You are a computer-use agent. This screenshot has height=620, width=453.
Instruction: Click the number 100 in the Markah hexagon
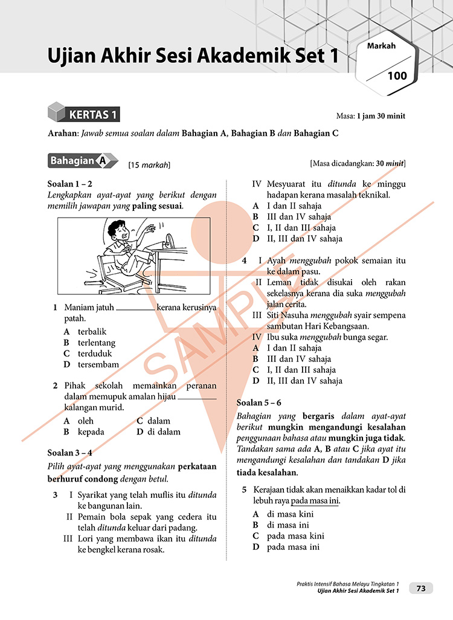coord(397,76)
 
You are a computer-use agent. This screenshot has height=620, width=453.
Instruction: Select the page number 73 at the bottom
coord(421,588)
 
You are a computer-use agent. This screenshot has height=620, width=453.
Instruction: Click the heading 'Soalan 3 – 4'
coord(69,452)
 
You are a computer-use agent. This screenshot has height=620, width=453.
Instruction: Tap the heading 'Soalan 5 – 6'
coord(259,402)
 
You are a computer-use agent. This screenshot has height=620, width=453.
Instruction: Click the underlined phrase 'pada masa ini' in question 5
coord(315,502)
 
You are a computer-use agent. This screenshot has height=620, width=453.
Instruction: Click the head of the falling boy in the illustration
coord(115,230)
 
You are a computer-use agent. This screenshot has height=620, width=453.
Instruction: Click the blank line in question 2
coord(197,397)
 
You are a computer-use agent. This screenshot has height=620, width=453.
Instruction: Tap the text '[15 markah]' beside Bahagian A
coord(149,164)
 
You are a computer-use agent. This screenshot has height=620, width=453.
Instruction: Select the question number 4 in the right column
coord(244,261)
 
